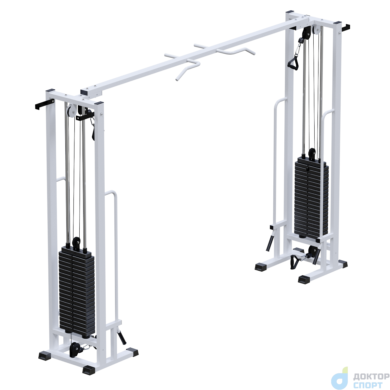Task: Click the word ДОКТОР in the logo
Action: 371,370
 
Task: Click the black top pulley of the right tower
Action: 306,34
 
